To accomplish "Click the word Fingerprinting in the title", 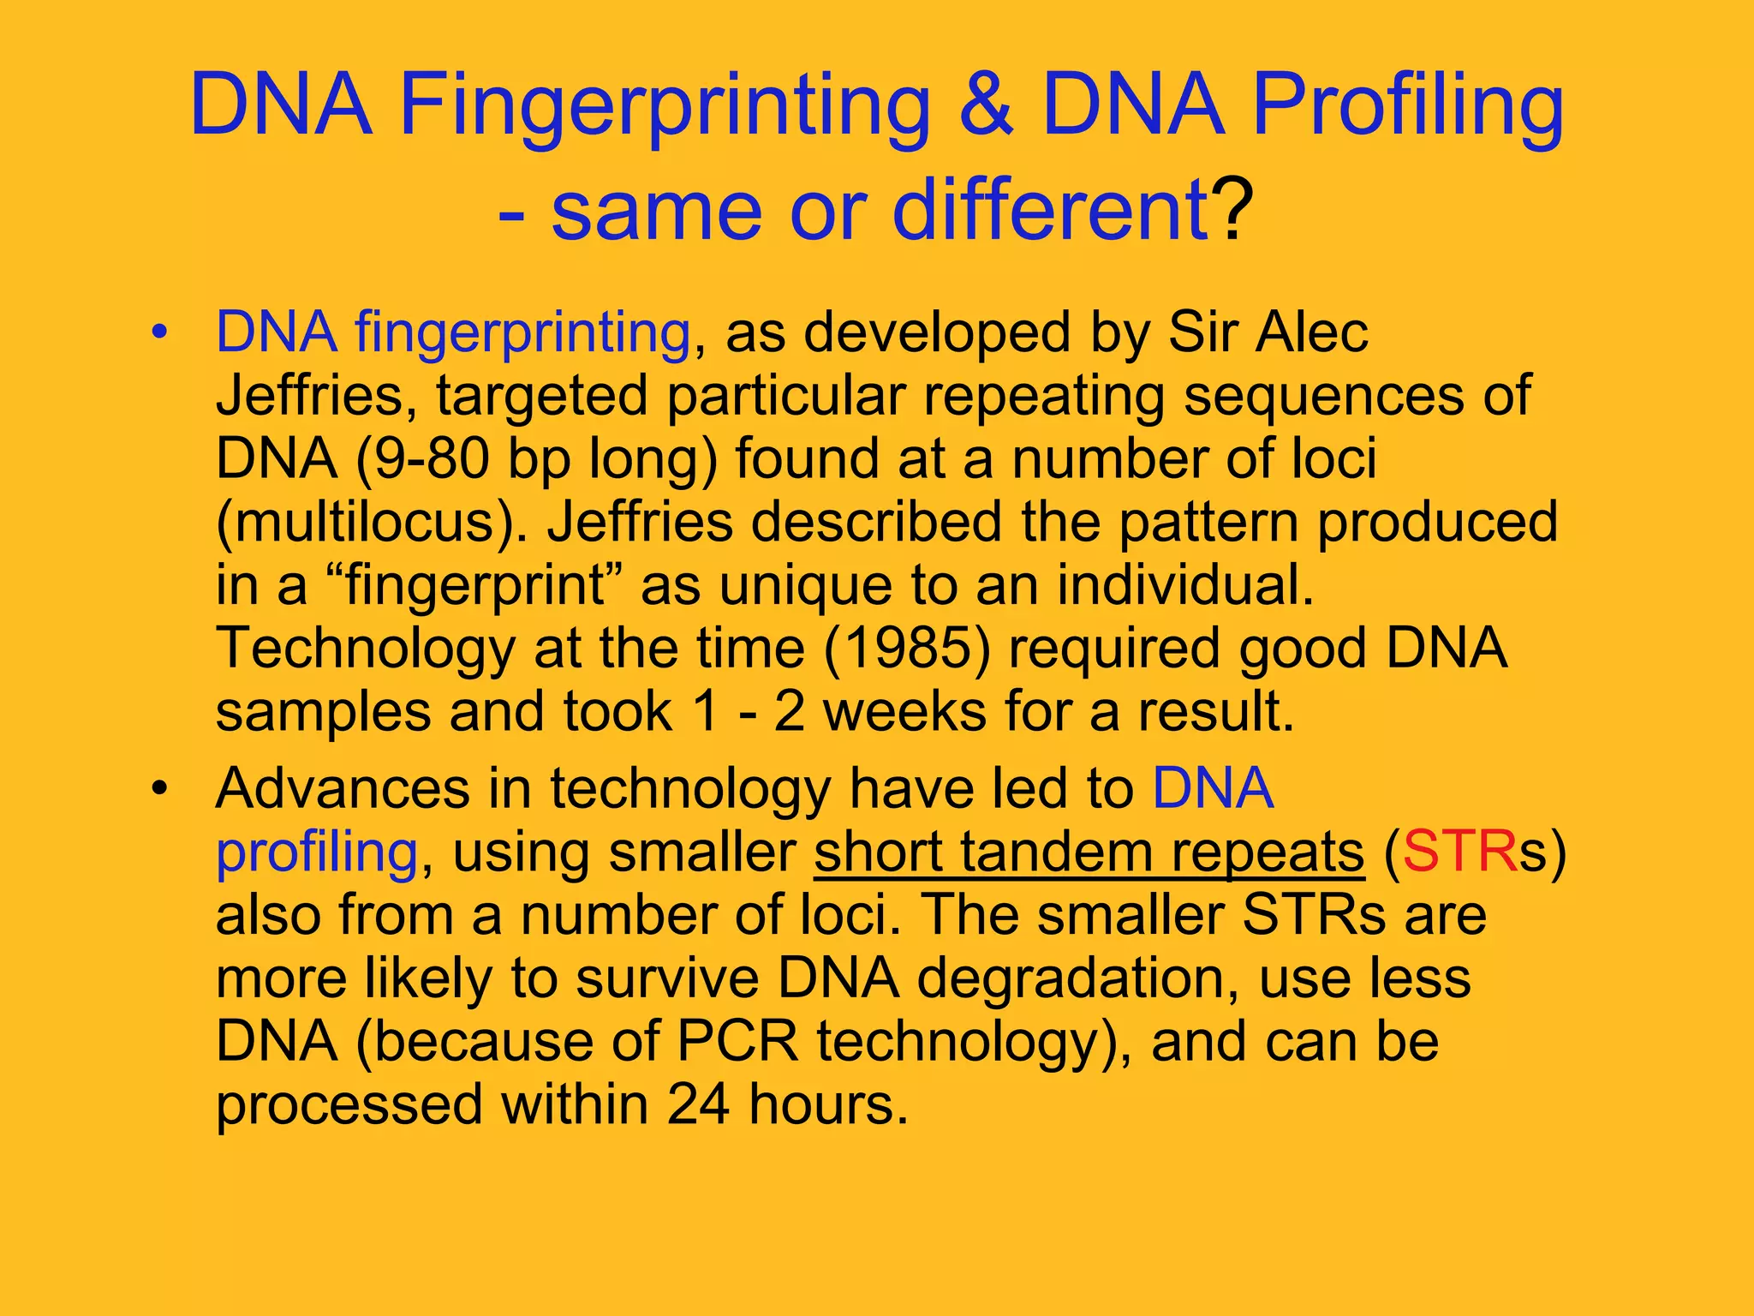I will click(x=665, y=106).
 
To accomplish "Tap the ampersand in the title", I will click(x=986, y=106).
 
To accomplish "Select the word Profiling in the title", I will click(x=1408, y=106).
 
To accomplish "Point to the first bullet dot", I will click(x=158, y=333).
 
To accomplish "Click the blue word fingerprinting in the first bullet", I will click(x=522, y=332).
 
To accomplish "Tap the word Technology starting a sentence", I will click(x=365, y=649).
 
